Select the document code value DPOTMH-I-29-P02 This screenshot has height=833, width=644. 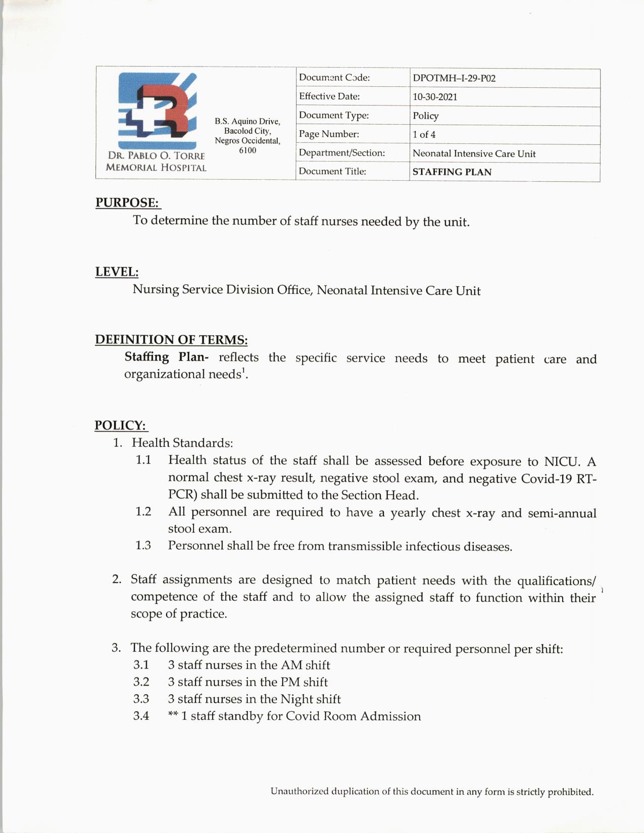pyautogui.click(x=454, y=78)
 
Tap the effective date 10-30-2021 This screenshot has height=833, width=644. pyautogui.click(x=434, y=97)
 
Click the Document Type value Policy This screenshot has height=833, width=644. pyautogui.click(x=425, y=116)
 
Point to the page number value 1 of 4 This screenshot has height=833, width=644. pyautogui.click(x=424, y=134)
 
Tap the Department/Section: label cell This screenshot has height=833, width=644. pyautogui.click(x=341, y=152)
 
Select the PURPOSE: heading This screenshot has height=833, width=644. pyautogui.click(x=127, y=202)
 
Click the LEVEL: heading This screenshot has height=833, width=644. pyautogui.click(x=117, y=272)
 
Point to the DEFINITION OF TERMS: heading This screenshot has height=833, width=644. pyautogui.click(x=171, y=339)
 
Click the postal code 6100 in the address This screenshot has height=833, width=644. pyautogui.click(x=247, y=150)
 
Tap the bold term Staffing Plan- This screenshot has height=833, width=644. pyautogui.click(x=166, y=357)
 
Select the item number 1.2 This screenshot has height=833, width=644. pyautogui.click(x=143, y=511)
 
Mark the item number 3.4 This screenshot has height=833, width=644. pyautogui.click(x=141, y=716)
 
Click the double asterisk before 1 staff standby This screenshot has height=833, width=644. pyautogui.click(x=173, y=716)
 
